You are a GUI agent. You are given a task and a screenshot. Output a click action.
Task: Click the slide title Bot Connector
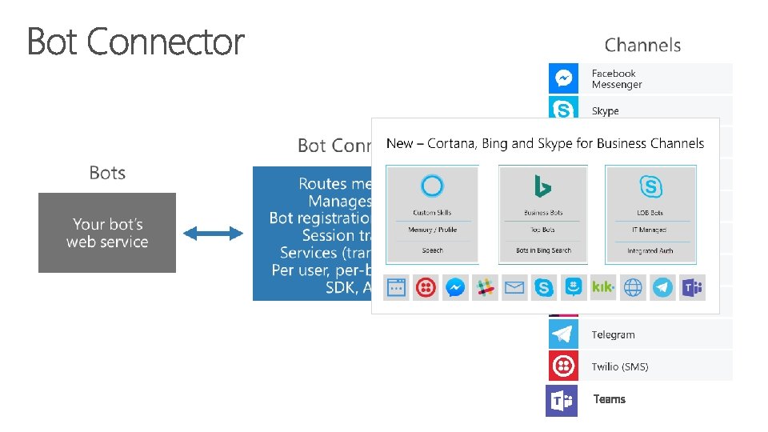point(136,42)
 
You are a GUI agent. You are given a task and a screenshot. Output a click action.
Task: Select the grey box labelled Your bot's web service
point(107,233)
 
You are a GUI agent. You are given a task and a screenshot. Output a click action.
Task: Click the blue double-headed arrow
point(213,233)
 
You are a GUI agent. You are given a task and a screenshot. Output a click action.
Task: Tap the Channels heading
point(642,46)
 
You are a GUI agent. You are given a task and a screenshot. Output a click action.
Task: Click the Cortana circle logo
point(432,186)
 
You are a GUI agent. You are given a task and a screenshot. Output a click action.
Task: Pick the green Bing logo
point(543,187)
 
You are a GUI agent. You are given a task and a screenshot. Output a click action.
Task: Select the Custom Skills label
point(432,213)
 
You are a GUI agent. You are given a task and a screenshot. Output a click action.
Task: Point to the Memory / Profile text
point(432,230)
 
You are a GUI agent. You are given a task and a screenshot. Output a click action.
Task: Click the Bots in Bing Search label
point(543,250)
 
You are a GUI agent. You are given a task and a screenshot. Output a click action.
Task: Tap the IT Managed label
point(650,230)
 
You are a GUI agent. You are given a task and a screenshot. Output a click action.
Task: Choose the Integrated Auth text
point(650,250)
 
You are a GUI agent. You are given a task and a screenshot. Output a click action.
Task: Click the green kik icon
point(602,287)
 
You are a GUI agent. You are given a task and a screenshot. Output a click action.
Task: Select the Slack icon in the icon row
point(484,287)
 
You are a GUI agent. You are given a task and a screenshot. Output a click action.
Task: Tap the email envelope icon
point(514,287)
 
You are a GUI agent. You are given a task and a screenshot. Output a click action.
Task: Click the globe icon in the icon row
point(633,287)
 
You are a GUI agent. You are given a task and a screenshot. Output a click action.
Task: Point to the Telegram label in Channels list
point(613,335)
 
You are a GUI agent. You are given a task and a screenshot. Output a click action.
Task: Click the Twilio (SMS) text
point(620,366)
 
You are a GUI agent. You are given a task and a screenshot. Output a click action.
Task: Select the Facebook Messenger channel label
point(617,78)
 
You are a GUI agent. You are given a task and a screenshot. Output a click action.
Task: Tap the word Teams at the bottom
point(610,399)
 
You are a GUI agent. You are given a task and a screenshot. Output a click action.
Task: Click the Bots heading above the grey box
point(107,173)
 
